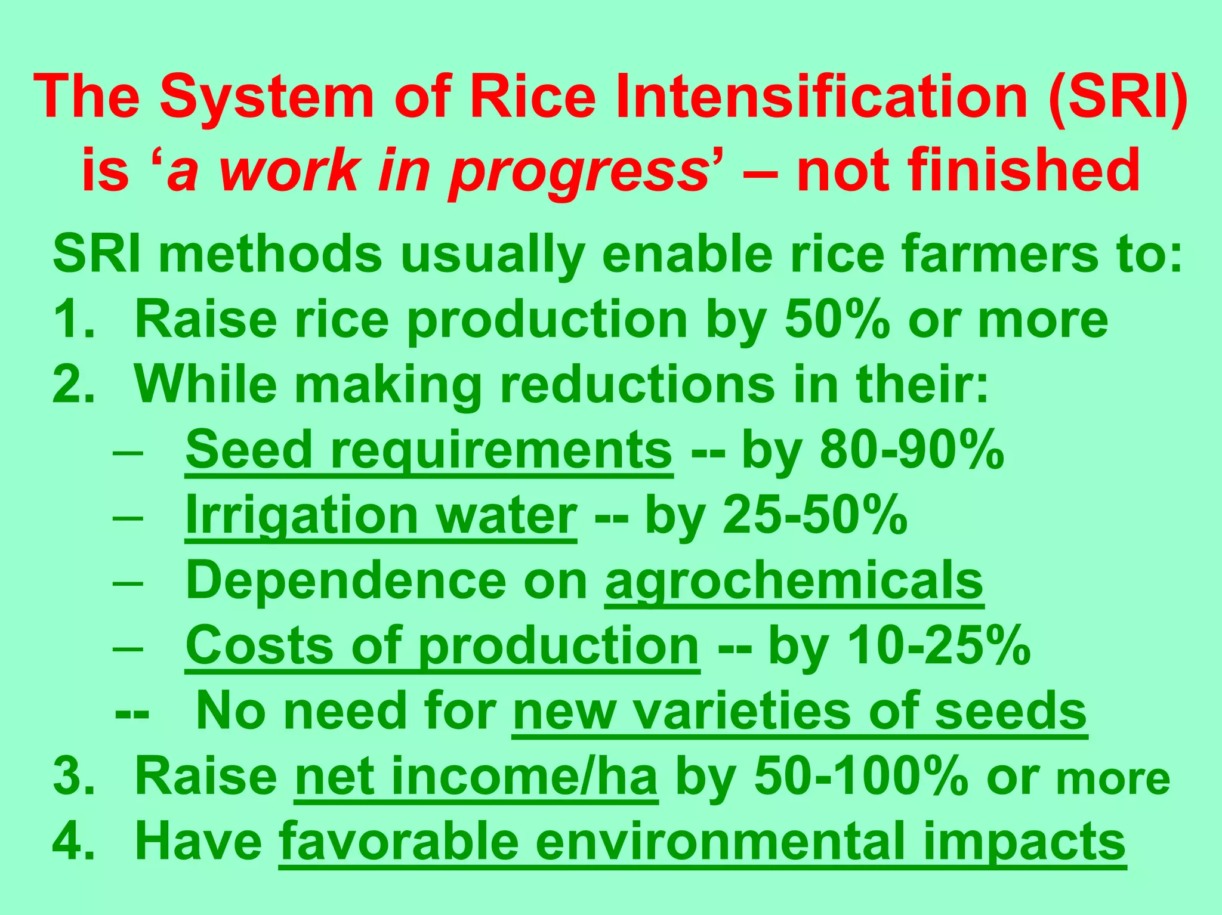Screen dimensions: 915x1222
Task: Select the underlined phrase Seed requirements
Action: coord(428,450)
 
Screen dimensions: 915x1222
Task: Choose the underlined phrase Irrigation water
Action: coord(381,515)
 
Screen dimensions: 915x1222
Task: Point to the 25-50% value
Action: coord(814,515)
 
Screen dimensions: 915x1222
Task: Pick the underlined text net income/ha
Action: coord(476,777)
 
